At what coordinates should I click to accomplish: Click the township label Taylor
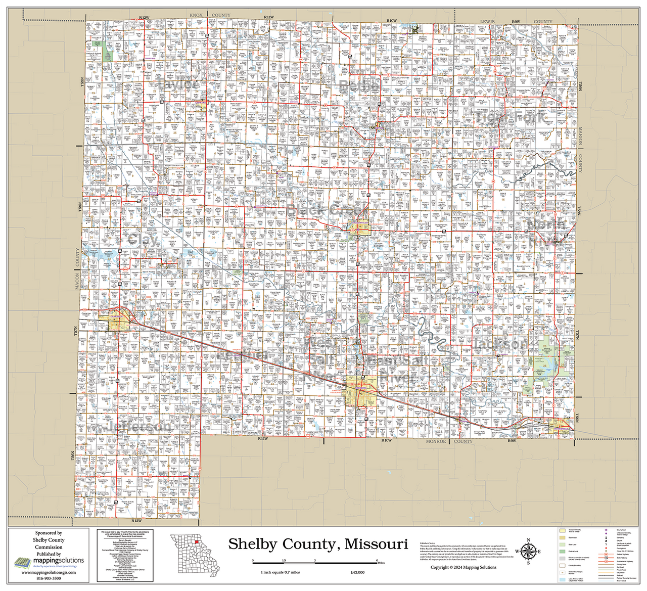[x=177, y=84]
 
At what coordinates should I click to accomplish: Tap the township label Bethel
[x=359, y=85]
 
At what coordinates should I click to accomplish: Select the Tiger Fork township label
[x=510, y=117]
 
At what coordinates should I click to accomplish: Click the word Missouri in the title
[x=376, y=544]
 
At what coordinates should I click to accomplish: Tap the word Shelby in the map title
[x=252, y=544]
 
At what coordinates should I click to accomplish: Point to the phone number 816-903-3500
[x=49, y=578]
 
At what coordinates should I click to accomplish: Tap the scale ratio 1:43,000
[x=357, y=572]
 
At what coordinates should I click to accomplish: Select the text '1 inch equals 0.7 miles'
[x=280, y=572]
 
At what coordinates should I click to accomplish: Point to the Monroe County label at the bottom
[x=448, y=441]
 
